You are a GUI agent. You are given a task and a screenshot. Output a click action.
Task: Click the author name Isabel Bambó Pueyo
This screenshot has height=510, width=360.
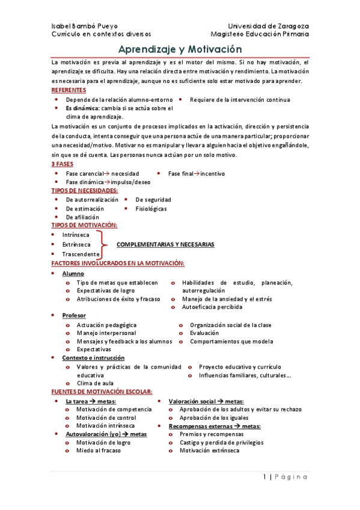coord(85,26)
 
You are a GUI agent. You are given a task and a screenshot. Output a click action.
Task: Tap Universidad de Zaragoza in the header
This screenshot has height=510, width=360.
coord(269,26)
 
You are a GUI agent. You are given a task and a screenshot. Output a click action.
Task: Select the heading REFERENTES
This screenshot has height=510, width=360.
coord(69,90)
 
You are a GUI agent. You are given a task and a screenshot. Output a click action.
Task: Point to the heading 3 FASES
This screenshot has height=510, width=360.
coord(63,164)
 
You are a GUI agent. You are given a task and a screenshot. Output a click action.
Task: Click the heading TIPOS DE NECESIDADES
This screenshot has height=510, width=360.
coord(84,190)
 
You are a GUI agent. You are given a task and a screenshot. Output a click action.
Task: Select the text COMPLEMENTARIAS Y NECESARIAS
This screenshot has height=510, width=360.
coord(165,245)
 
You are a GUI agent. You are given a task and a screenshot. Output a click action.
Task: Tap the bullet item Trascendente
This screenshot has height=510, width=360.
coord(81,254)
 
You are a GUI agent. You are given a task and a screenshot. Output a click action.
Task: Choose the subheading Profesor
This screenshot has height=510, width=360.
coord(74,315)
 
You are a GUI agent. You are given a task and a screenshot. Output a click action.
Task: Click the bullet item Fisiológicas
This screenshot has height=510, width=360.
coord(151,209)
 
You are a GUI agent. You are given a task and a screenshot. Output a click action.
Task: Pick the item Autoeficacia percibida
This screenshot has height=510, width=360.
coord(212,307)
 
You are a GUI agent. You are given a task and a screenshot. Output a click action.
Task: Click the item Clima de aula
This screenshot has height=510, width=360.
coord(95,383)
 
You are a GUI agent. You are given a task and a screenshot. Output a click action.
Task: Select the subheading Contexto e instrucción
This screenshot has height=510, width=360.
coord(93,358)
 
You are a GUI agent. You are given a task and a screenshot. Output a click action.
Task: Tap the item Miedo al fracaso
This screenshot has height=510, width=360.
coord(98,450)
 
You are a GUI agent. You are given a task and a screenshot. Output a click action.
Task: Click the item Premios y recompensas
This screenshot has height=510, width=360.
coord(207,434)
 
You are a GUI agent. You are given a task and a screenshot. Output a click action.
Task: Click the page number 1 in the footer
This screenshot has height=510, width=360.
coord(264,477)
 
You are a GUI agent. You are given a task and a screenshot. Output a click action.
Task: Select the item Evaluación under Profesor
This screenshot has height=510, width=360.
coord(204,333)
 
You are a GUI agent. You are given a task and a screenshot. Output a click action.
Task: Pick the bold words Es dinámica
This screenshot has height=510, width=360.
coord(82,108)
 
